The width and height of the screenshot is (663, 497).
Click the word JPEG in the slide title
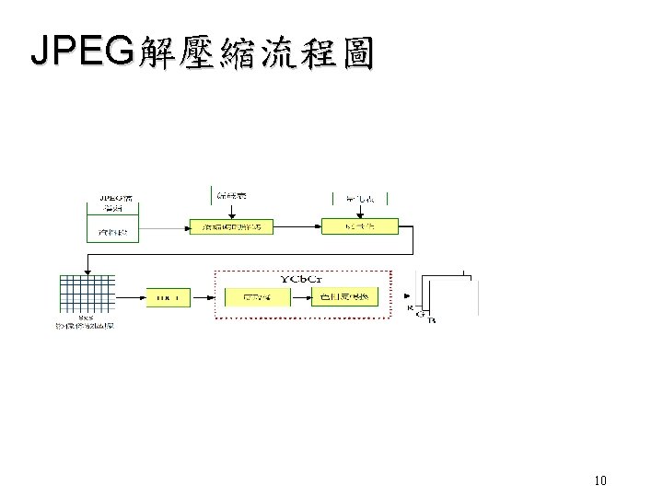click(x=81, y=52)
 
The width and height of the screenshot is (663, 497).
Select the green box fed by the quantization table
click(x=359, y=226)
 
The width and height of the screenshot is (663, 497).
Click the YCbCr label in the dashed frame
click(x=302, y=278)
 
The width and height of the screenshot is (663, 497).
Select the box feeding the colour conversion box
click(x=257, y=296)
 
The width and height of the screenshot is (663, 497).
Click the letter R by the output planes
click(x=410, y=307)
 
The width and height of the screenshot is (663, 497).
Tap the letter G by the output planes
click(x=421, y=315)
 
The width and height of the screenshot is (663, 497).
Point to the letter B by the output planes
click(x=433, y=321)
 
